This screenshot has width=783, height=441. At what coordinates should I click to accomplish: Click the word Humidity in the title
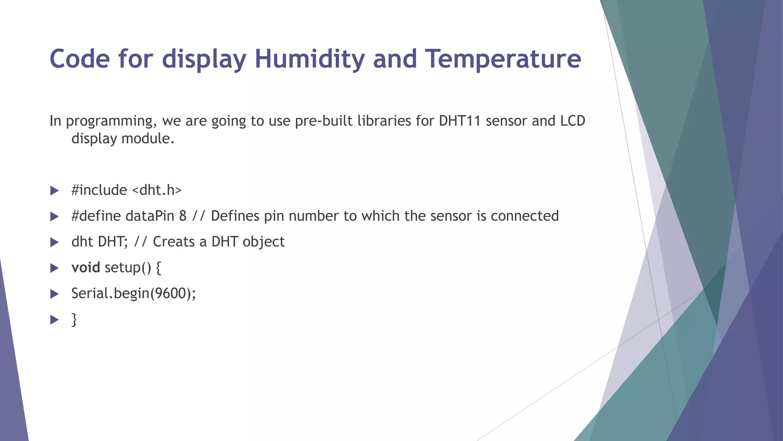pyautogui.click(x=309, y=59)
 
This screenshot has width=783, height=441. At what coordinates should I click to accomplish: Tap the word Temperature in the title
pyautogui.click(x=504, y=59)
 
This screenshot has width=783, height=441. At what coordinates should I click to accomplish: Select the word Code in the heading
pyautogui.click(x=80, y=59)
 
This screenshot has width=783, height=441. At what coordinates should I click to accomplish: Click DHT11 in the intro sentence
pyautogui.click(x=460, y=121)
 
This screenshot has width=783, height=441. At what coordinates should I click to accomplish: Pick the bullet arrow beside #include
pyautogui.click(x=54, y=191)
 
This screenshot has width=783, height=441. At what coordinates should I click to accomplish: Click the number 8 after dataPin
pyautogui.click(x=183, y=216)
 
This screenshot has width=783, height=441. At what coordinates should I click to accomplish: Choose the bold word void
pyautogui.click(x=86, y=268)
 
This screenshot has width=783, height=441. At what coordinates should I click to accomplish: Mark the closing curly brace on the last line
pyautogui.click(x=74, y=320)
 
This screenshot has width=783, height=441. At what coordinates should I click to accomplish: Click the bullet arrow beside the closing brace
pyautogui.click(x=54, y=320)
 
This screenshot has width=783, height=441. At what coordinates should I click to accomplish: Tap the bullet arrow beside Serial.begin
pyautogui.click(x=54, y=294)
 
